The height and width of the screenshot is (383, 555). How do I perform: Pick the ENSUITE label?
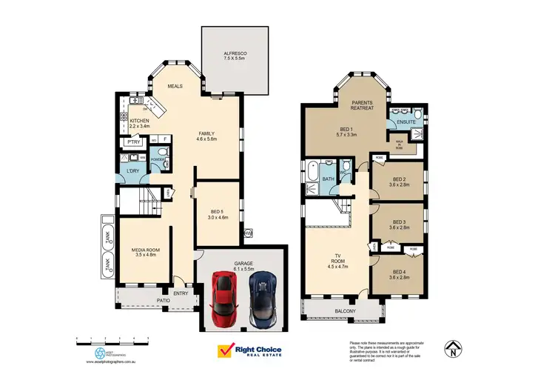point(406,121)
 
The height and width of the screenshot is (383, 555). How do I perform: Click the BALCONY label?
point(345,311)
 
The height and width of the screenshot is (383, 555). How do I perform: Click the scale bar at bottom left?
point(112,339)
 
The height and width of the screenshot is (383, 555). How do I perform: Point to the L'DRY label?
point(132,171)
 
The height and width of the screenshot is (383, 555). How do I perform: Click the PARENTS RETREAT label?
point(362,105)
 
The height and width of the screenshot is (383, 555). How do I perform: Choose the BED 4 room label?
point(399,273)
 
